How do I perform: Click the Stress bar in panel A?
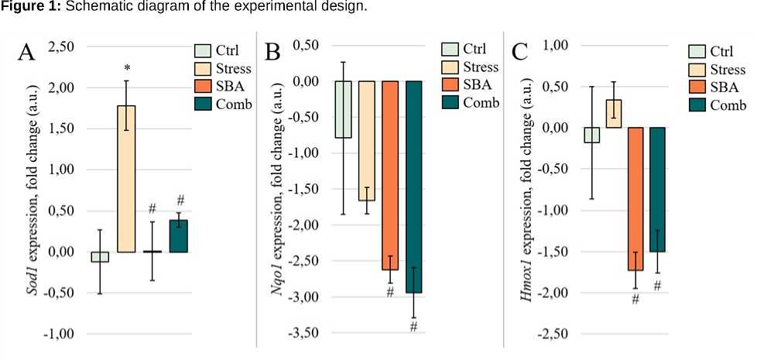(x=127, y=179)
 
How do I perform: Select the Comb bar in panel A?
(x=179, y=236)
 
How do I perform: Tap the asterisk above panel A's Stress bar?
(x=127, y=68)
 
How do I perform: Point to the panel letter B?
(x=272, y=53)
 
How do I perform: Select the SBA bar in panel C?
(x=634, y=198)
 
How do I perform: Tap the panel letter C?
(x=521, y=53)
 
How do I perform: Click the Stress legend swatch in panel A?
(x=203, y=69)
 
